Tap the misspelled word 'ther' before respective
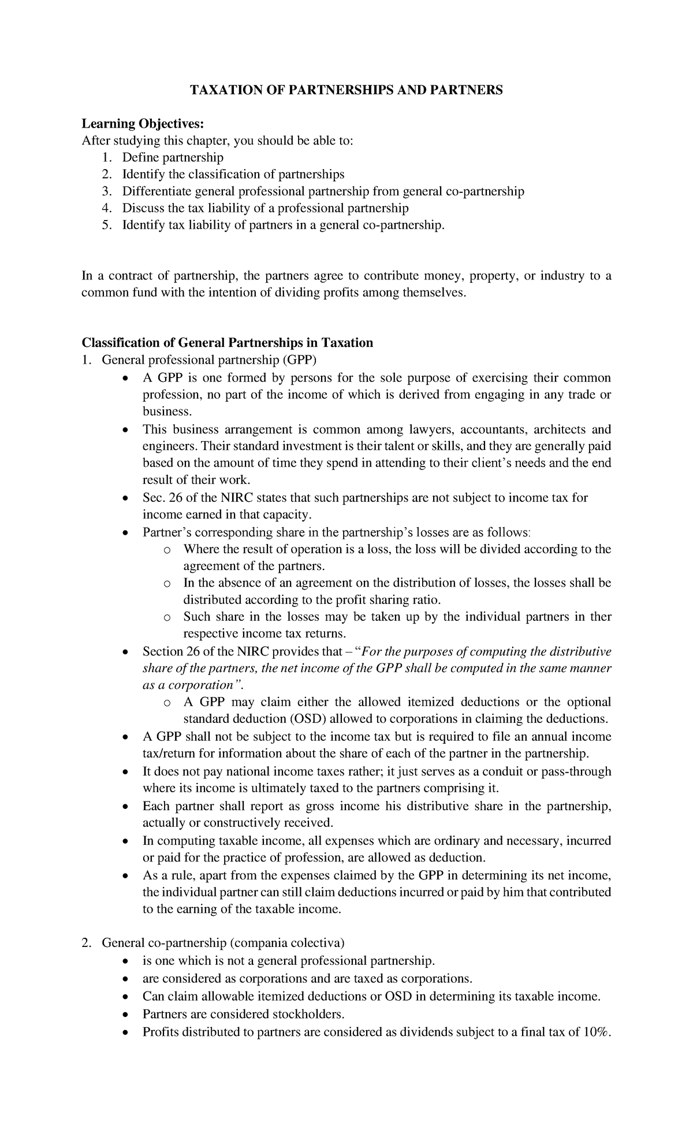click(x=601, y=617)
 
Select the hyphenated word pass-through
click(x=577, y=771)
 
